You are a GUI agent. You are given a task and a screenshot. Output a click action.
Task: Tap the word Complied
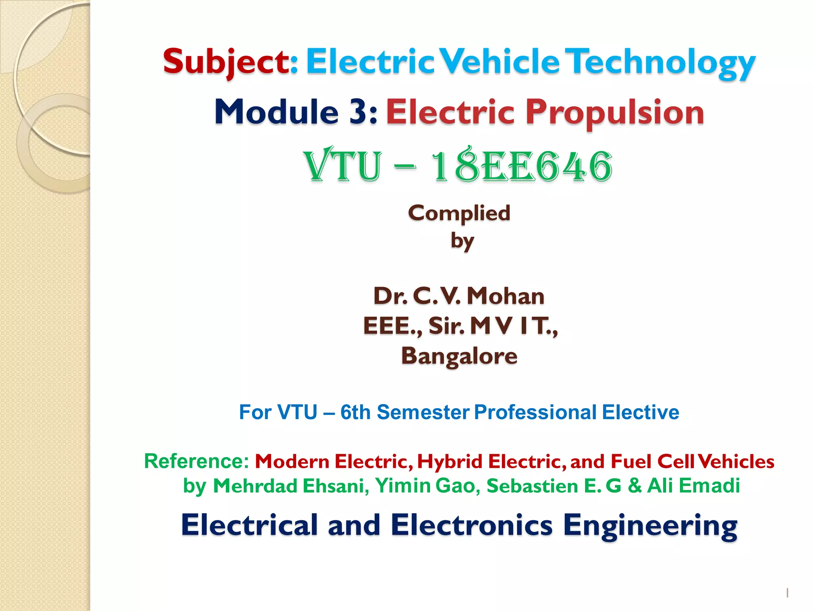pyautogui.click(x=459, y=214)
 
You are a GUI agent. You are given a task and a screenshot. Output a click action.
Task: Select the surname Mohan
pyautogui.click(x=506, y=296)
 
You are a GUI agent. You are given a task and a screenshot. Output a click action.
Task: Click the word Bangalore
pyautogui.click(x=459, y=356)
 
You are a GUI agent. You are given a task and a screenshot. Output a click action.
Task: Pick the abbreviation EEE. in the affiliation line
pyautogui.click(x=391, y=326)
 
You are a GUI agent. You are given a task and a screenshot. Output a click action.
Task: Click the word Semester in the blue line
pyautogui.click(x=423, y=412)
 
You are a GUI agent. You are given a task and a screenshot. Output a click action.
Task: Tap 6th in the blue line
pyautogui.click(x=355, y=412)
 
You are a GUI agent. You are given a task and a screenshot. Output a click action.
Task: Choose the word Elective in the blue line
pyautogui.click(x=640, y=412)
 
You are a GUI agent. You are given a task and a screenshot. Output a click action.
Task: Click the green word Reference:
pyautogui.click(x=196, y=461)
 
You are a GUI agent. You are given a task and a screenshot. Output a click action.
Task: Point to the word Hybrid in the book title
pyautogui.click(x=450, y=461)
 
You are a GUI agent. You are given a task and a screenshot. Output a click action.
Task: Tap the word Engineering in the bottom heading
pyautogui.click(x=650, y=525)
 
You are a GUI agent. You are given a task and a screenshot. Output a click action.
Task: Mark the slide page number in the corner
pyautogui.click(x=787, y=593)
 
